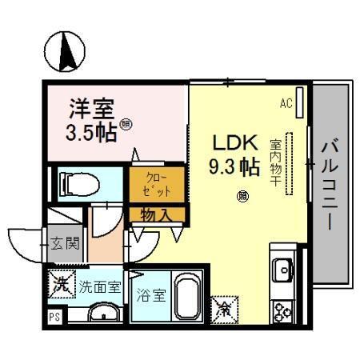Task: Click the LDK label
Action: (234, 143)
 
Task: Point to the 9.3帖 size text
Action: (234, 167)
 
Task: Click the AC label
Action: (286, 102)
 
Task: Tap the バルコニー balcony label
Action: (330, 184)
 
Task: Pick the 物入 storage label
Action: (155, 214)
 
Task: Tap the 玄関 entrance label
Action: (66, 242)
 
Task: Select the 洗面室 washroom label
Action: (99, 286)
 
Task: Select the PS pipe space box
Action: (54, 316)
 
